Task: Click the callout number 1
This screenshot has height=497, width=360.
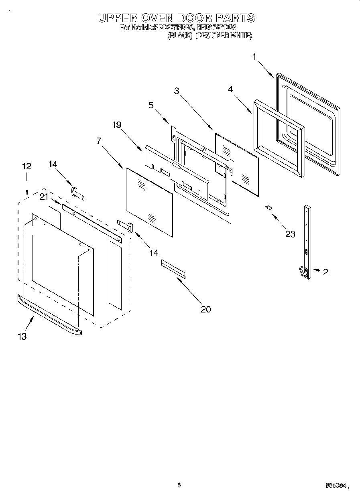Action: tap(254, 57)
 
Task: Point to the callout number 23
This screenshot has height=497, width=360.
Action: tap(290, 234)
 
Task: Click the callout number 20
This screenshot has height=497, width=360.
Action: tap(205, 309)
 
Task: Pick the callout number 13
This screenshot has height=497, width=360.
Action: tap(22, 337)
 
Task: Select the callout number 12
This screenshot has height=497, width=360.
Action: tap(26, 166)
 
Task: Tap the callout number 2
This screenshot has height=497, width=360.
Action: tap(325, 272)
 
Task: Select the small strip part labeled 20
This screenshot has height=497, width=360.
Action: tap(173, 268)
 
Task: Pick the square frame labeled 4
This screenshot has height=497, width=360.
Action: tap(278, 138)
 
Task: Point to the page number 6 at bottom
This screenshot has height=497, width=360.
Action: tap(179, 485)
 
